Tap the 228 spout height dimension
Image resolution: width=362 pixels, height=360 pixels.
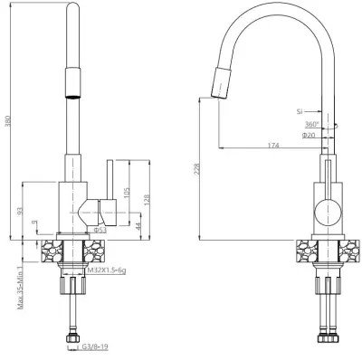click(x=196, y=169)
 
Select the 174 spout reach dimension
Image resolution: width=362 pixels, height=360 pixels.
click(x=273, y=146)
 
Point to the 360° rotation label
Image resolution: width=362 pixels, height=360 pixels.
click(x=311, y=124)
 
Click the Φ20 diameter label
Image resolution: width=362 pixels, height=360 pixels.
click(x=309, y=135)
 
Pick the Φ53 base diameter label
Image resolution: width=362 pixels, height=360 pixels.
click(x=100, y=230)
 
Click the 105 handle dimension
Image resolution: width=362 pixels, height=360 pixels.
click(x=127, y=193)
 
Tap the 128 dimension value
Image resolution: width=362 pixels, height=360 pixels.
click(x=147, y=200)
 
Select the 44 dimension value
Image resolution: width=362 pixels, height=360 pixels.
click(x=138, y=227)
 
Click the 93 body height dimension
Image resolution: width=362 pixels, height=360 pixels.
click(x=20, y=211)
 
